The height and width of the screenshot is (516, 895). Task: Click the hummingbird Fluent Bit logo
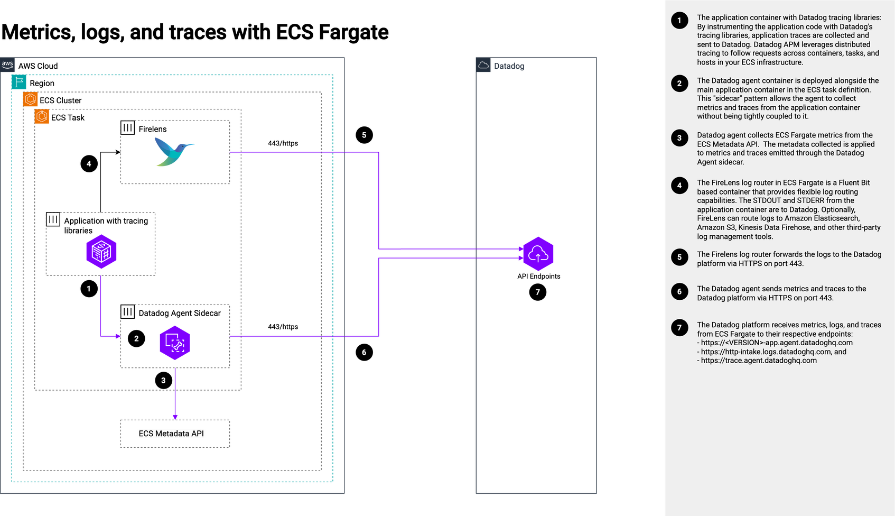click(174, 151)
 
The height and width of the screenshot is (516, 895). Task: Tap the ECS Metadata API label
click(171, 434)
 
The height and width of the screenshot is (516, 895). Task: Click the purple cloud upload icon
click(538, 254)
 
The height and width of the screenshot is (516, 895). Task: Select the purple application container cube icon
click(101, 251)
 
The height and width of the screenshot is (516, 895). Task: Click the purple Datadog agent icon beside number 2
click(175, 343)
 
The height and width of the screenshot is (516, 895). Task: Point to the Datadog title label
click(509, 66)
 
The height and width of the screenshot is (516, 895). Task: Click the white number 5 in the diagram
click(364, 135)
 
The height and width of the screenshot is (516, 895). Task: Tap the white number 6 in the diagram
click(364, 353)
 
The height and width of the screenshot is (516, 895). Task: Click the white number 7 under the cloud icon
click(538, 292)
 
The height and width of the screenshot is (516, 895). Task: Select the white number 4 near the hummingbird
click(89, 164)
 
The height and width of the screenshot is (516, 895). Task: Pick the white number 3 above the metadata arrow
click(163, 381)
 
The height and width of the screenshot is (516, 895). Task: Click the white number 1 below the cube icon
click(89, 289)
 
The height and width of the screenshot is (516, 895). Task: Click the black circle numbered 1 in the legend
click(679, 21)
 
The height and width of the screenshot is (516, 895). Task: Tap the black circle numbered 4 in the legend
click(679, 186)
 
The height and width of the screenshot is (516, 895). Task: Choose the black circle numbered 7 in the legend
click(679, 328)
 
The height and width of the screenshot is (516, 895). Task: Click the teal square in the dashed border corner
click(19, 82)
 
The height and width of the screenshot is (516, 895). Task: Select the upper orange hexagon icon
click(31, 99)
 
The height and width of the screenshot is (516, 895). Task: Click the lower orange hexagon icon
click(42, 116)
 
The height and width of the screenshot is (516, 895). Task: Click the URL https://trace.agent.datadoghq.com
click(759, 361)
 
